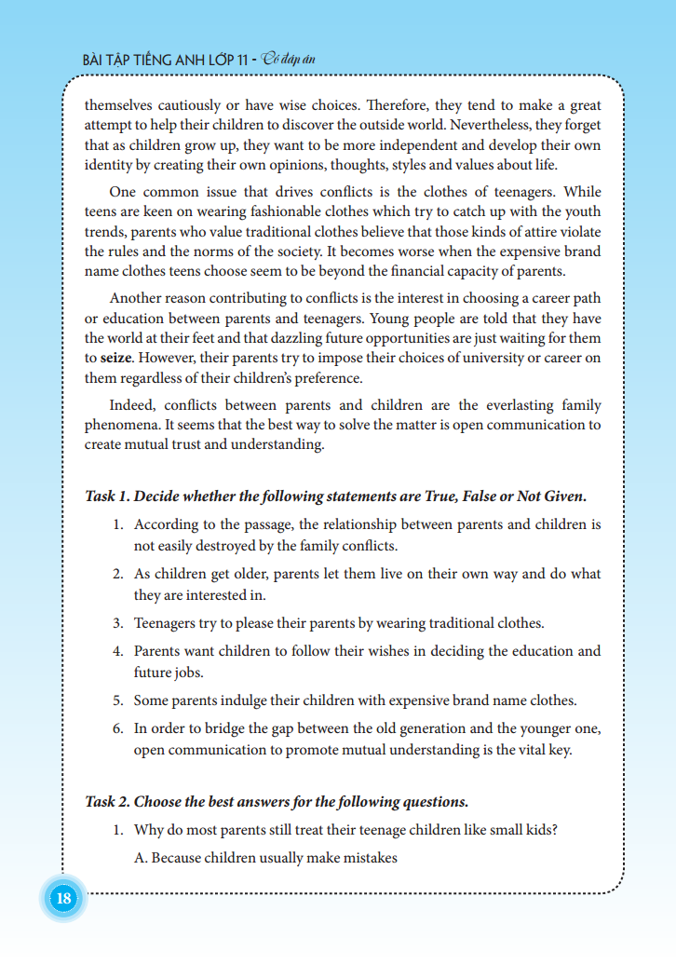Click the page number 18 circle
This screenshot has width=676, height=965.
coord(64,900)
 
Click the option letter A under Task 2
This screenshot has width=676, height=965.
coord(140,858)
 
